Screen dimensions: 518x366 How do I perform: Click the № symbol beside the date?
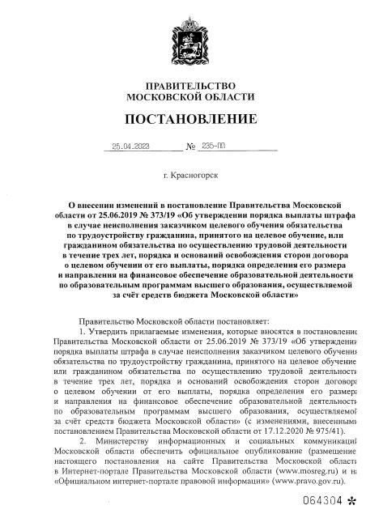pos(191,148)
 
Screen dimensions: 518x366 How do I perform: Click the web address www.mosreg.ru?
pos(303,469)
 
